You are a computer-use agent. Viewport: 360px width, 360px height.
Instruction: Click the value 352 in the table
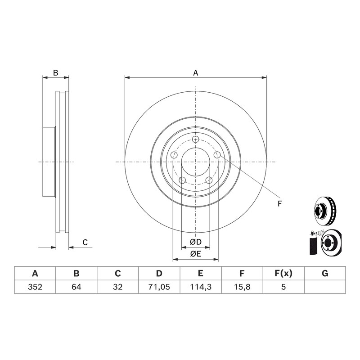[x=35, y=287]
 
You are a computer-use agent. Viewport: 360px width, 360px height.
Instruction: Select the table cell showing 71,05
[x=159, y=287]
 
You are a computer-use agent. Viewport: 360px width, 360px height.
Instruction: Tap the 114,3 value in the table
[x=201, y=287]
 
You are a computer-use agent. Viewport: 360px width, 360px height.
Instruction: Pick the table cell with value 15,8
[x=242, y=287]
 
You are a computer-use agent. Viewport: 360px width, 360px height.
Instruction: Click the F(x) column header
[x=283, y=274]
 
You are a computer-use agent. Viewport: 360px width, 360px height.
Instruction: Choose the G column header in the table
[x=325, y=274]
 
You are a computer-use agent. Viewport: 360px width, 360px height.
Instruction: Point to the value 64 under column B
[x=76, y=287]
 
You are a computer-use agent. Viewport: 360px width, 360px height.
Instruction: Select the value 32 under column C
[x=118, y=287]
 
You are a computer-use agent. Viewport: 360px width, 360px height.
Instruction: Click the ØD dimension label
[x=196, y=242]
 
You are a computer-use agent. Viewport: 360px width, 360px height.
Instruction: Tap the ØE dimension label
[x=195, y=254]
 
